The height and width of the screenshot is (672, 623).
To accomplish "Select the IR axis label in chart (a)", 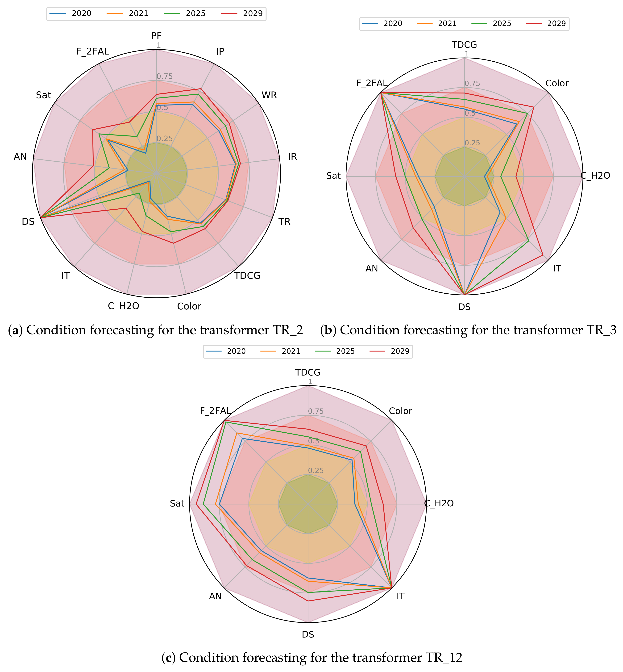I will point(292,156).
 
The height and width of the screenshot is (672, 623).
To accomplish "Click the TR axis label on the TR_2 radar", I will point(284,222).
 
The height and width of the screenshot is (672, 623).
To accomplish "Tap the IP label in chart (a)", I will point(220,51).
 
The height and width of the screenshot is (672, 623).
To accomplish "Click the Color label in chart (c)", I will point(400,411).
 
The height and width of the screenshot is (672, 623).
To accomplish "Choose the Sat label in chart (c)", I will point(177,504).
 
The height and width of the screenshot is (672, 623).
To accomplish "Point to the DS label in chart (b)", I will point(465,307).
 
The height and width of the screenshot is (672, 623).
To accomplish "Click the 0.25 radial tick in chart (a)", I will point(165,138).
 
